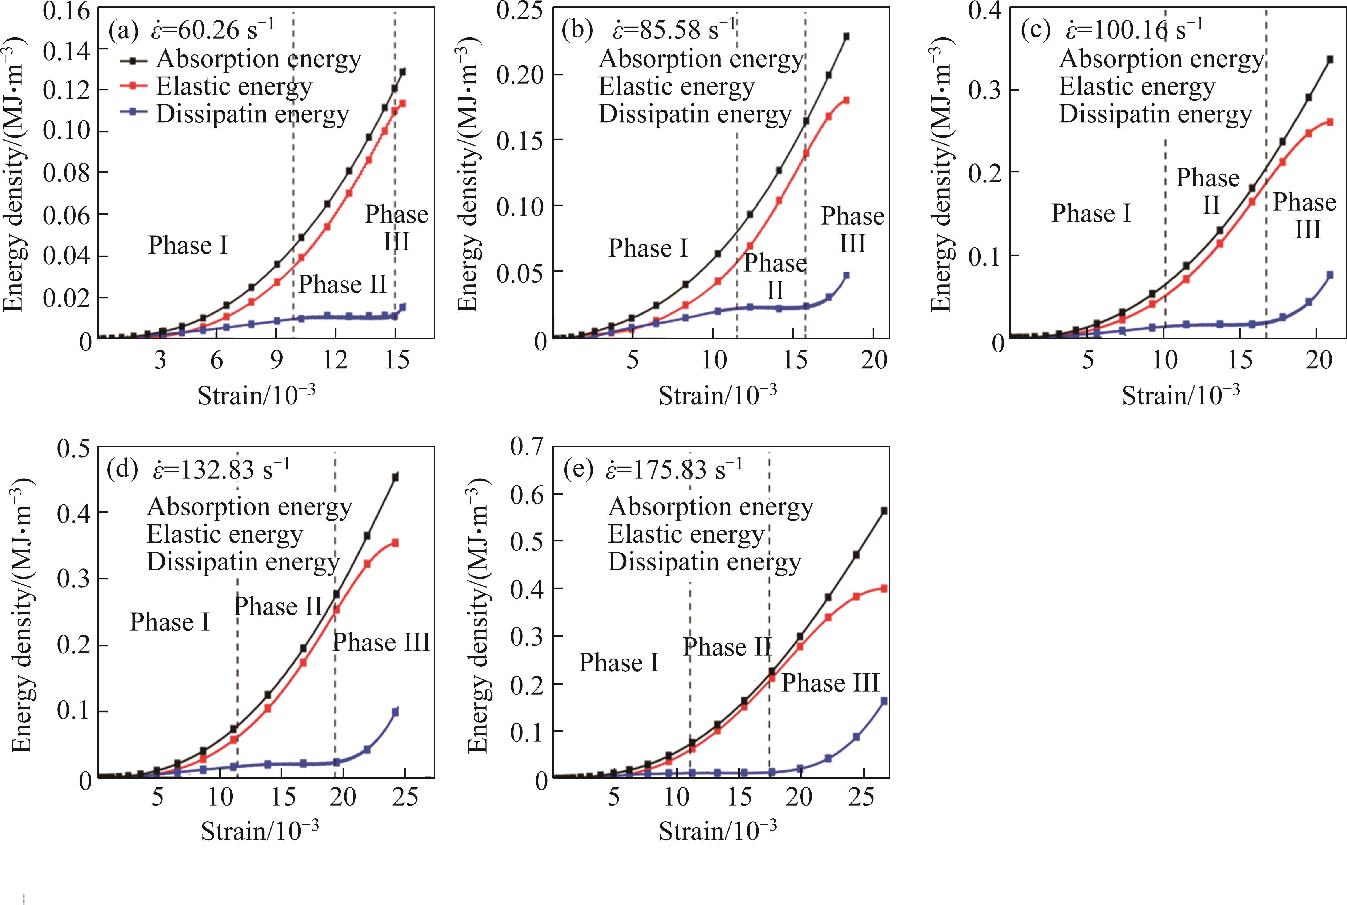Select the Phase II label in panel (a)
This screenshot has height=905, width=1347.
(342, 285)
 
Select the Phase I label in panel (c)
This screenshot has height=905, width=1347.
(1090, 214)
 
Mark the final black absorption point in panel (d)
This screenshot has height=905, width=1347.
(396, 477)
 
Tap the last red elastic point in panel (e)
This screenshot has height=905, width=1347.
(884, 589)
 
